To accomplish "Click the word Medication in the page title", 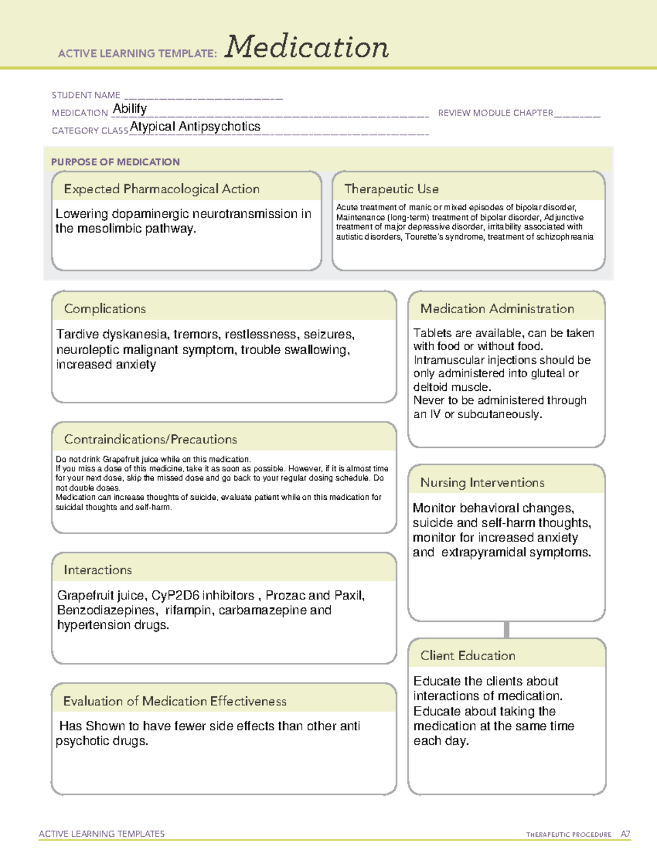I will (307, 47).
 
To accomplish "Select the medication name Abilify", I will (130, 109).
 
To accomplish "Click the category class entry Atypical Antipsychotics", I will (195, 126).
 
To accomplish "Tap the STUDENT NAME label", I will (86, 95).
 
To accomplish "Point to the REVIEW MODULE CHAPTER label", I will (495, 113).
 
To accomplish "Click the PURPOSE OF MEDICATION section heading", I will (116, 162).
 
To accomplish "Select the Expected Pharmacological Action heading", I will (162, 189).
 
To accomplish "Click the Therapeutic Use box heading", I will (391, 189).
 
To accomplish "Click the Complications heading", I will (105, 309).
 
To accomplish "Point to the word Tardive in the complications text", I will (77, 334).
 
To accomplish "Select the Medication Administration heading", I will (497, 309).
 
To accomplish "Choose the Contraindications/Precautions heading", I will (151, 440).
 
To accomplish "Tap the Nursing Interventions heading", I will (482, 483).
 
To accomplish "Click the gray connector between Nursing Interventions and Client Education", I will (506, 629).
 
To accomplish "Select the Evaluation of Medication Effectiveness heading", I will (175, 701).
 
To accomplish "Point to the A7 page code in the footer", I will (625, 834).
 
